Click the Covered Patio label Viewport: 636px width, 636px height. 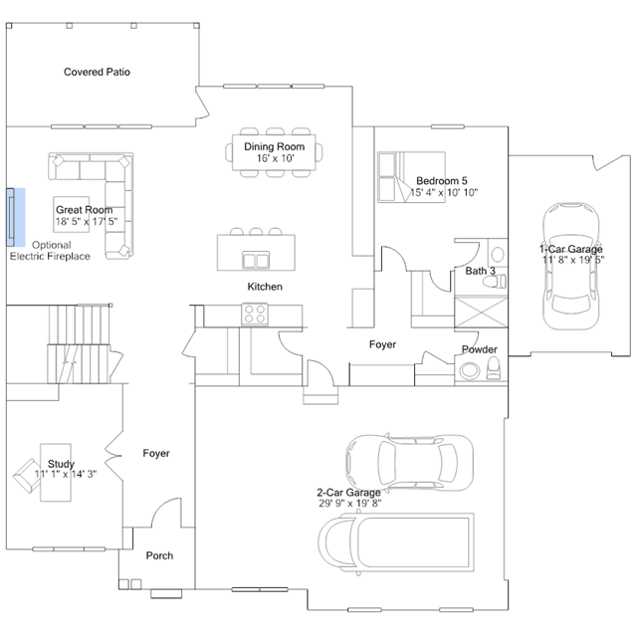97,72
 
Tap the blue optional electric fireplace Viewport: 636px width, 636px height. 15,217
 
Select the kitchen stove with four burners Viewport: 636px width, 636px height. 255,314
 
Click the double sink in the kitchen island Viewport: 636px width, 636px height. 256,261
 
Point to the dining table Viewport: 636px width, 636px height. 274,152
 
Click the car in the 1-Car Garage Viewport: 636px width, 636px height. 571,266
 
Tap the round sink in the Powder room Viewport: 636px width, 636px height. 470,370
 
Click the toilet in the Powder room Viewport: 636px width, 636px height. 494,368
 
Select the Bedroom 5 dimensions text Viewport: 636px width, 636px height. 444,192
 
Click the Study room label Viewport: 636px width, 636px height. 62,464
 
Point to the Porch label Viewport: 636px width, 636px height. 159,555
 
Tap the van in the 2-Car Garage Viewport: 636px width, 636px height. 396,542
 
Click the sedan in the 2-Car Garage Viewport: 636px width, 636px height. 409,463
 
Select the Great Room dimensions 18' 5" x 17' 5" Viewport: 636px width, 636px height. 87,222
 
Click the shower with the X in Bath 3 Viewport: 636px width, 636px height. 481,312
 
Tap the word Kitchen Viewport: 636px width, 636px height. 265,287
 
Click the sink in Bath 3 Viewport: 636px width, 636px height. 498,255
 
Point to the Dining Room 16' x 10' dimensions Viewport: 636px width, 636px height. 275,158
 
